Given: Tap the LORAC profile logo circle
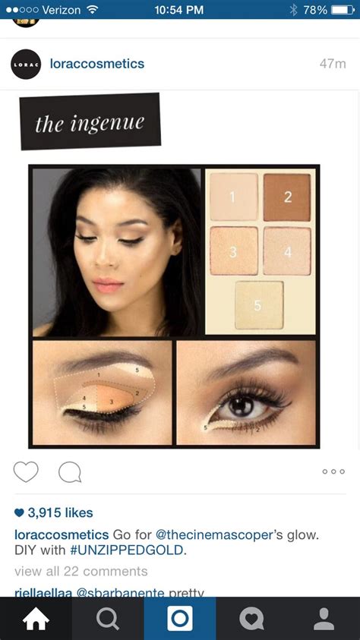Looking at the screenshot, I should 26,65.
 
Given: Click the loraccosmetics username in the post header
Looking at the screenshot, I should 96,64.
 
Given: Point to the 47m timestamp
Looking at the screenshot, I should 332,64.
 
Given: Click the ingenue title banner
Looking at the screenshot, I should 90,121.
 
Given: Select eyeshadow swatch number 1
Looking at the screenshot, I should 233,197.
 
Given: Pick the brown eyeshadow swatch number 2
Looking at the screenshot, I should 287,197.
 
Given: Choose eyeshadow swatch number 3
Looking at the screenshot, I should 233,251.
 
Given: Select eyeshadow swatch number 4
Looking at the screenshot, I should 287,251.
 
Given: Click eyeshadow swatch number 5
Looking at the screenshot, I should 258,305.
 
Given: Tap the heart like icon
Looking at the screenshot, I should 26,472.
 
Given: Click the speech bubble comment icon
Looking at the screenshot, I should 70,472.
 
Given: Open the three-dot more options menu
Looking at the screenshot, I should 333,472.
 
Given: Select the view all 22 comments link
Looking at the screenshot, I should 81,571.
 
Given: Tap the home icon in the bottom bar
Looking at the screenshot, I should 36,619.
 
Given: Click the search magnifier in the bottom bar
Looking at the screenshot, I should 108,619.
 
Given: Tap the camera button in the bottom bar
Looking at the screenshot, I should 180,619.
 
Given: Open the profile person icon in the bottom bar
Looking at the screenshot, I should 324,619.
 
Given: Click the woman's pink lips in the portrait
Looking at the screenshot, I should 107,285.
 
